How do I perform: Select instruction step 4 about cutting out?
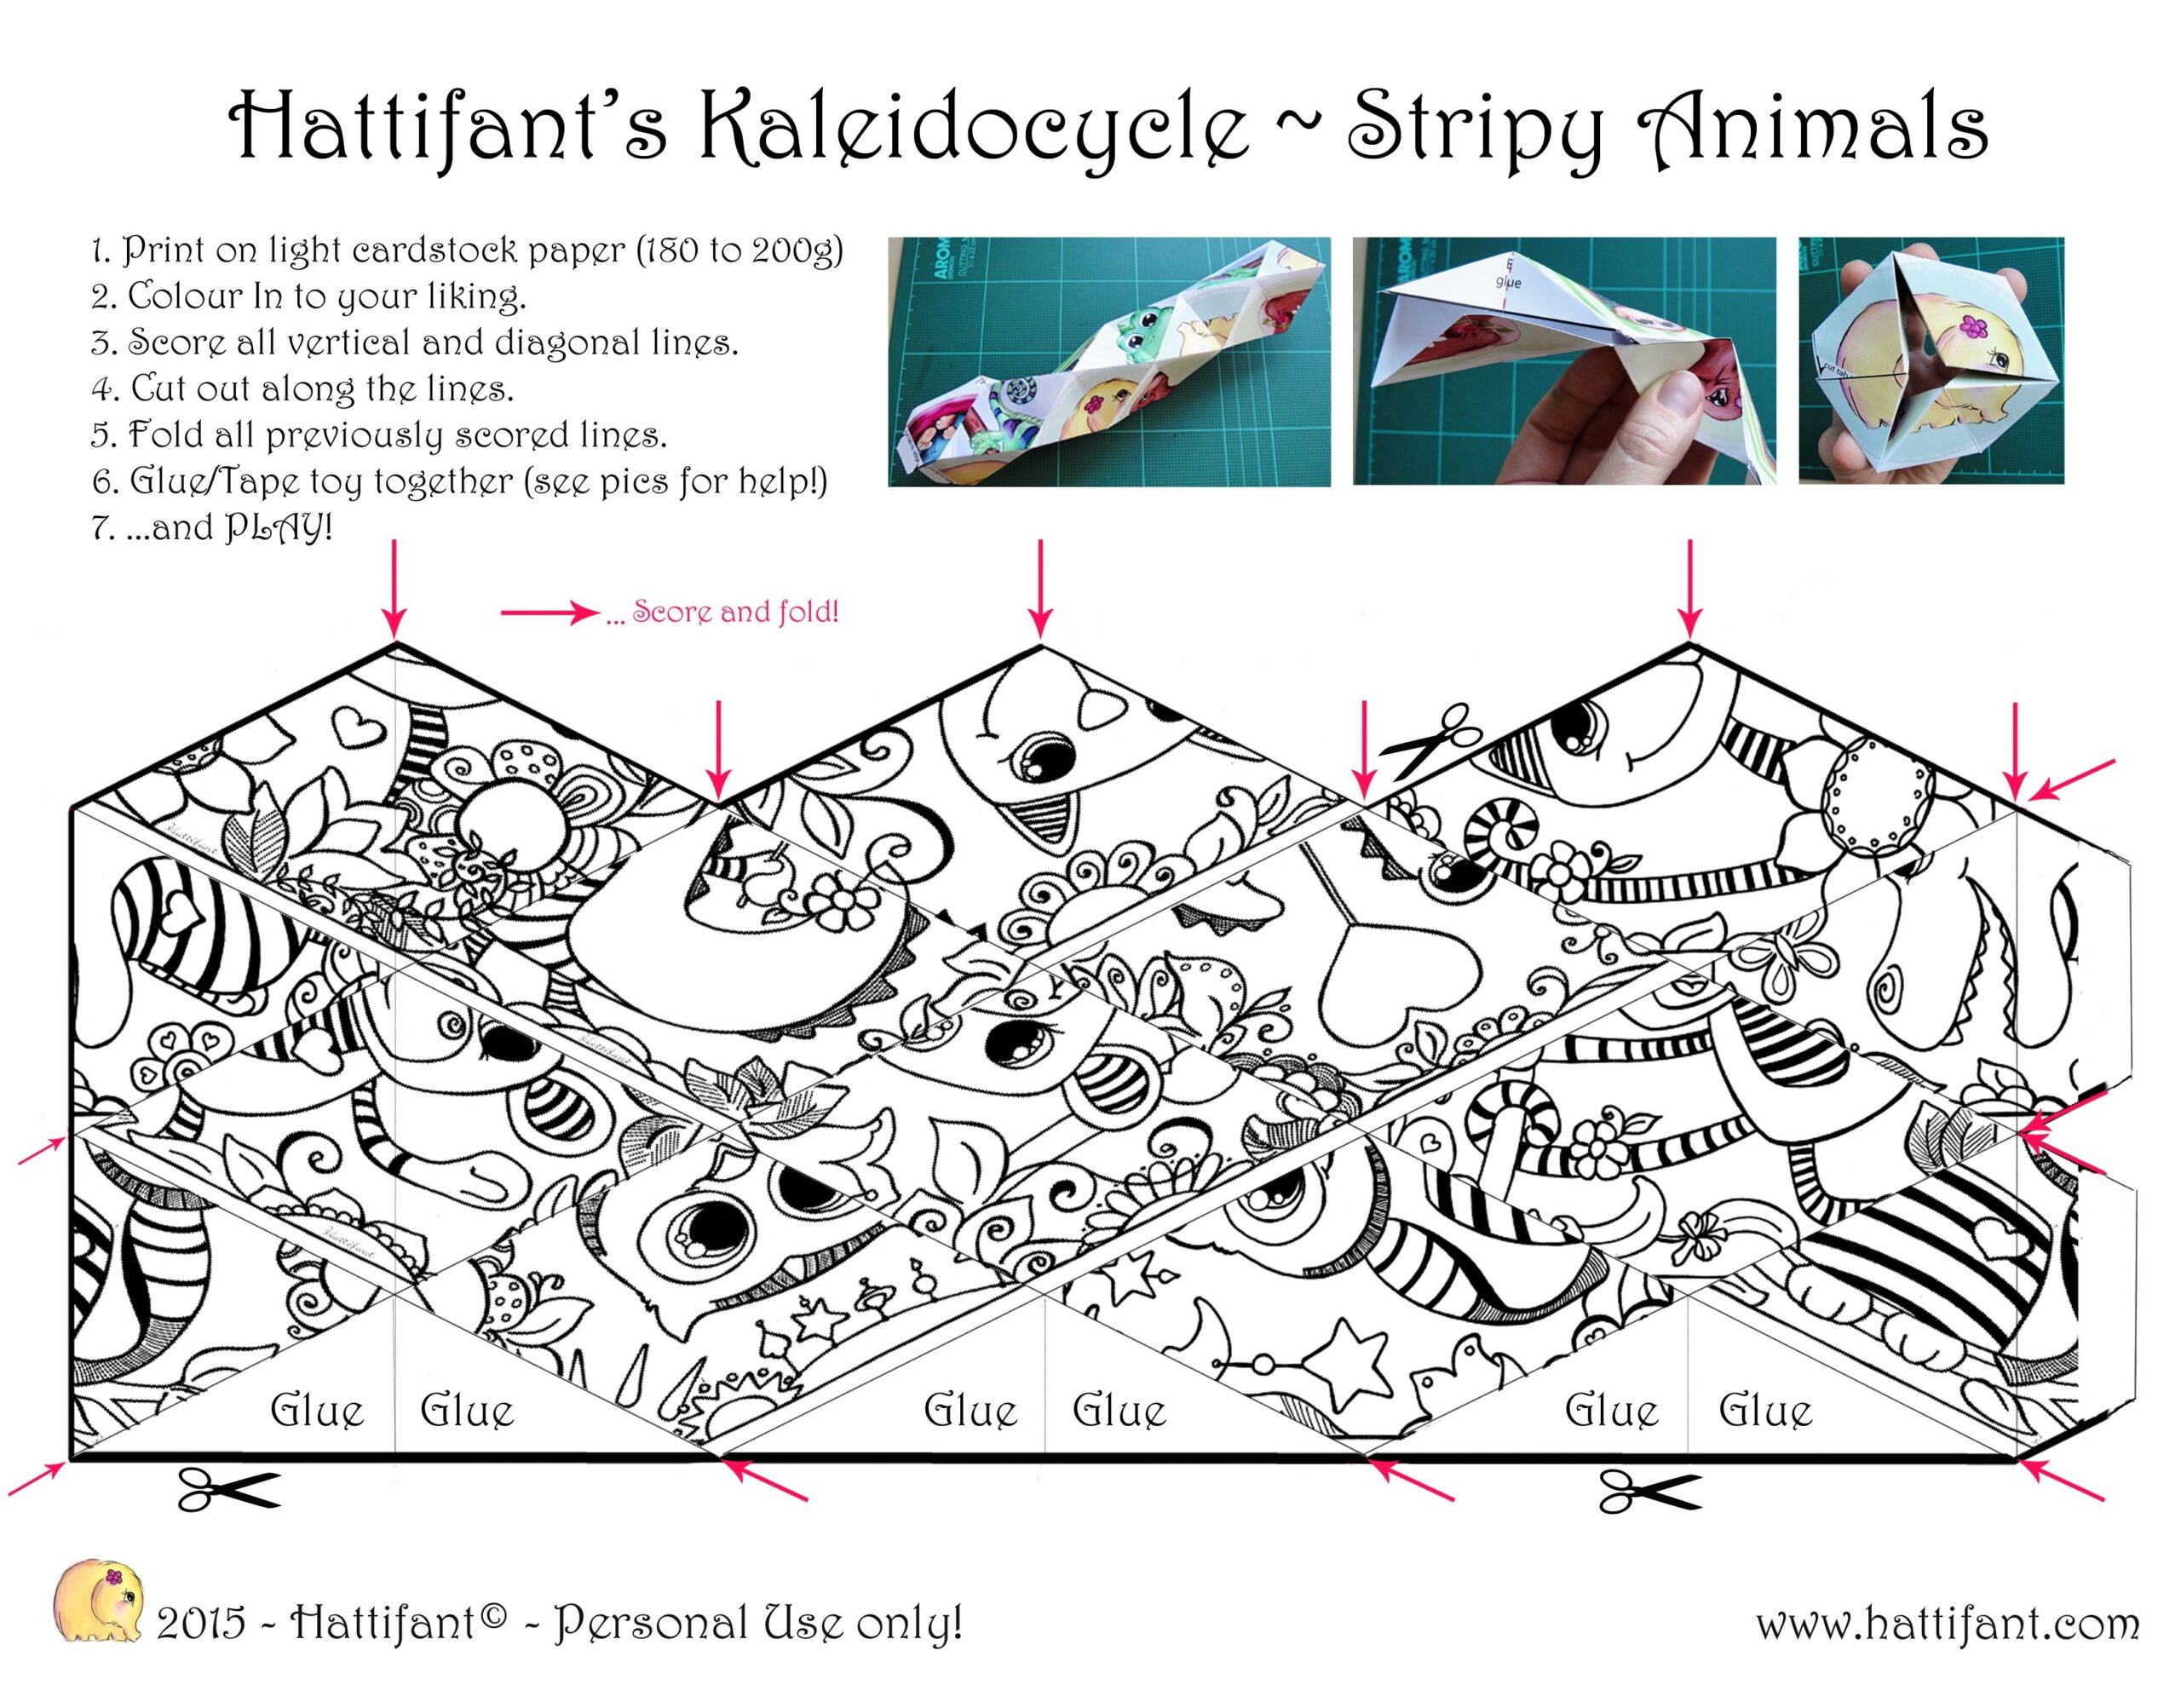302,388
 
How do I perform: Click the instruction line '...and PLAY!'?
210,526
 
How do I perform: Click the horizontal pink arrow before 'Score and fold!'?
550,612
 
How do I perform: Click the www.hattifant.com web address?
1948,1624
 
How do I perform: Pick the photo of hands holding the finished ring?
1931,360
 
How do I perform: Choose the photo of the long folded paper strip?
1109,361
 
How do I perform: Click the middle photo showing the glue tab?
1564,360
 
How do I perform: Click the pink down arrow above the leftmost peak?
394,587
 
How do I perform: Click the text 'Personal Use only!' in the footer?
758,1623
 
